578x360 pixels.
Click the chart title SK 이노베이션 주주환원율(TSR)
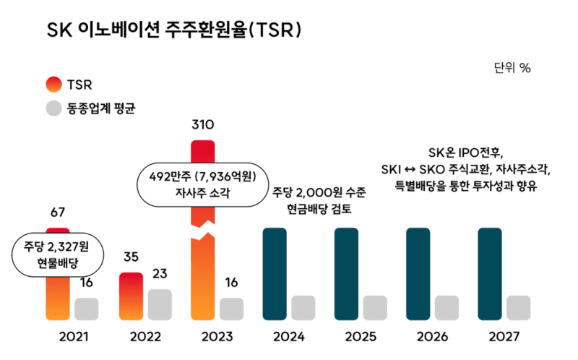tap(173, 30)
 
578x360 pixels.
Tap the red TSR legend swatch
tap(54, 85)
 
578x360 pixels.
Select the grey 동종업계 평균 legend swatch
tap(54, 110)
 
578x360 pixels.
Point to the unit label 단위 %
tap(512, 68)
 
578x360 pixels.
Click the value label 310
tap(202, 125)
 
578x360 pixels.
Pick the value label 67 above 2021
tap(58, 213)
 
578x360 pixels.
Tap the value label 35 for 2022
tap(130, 257)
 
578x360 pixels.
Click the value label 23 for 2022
tap(160, 274)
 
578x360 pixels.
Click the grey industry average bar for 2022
tap(160, 304)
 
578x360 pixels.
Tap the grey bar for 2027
tap(519, 307)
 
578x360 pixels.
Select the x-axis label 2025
tap(361, 337)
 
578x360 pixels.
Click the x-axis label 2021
tap(73, 337)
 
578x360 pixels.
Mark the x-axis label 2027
tap(504, 337)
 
